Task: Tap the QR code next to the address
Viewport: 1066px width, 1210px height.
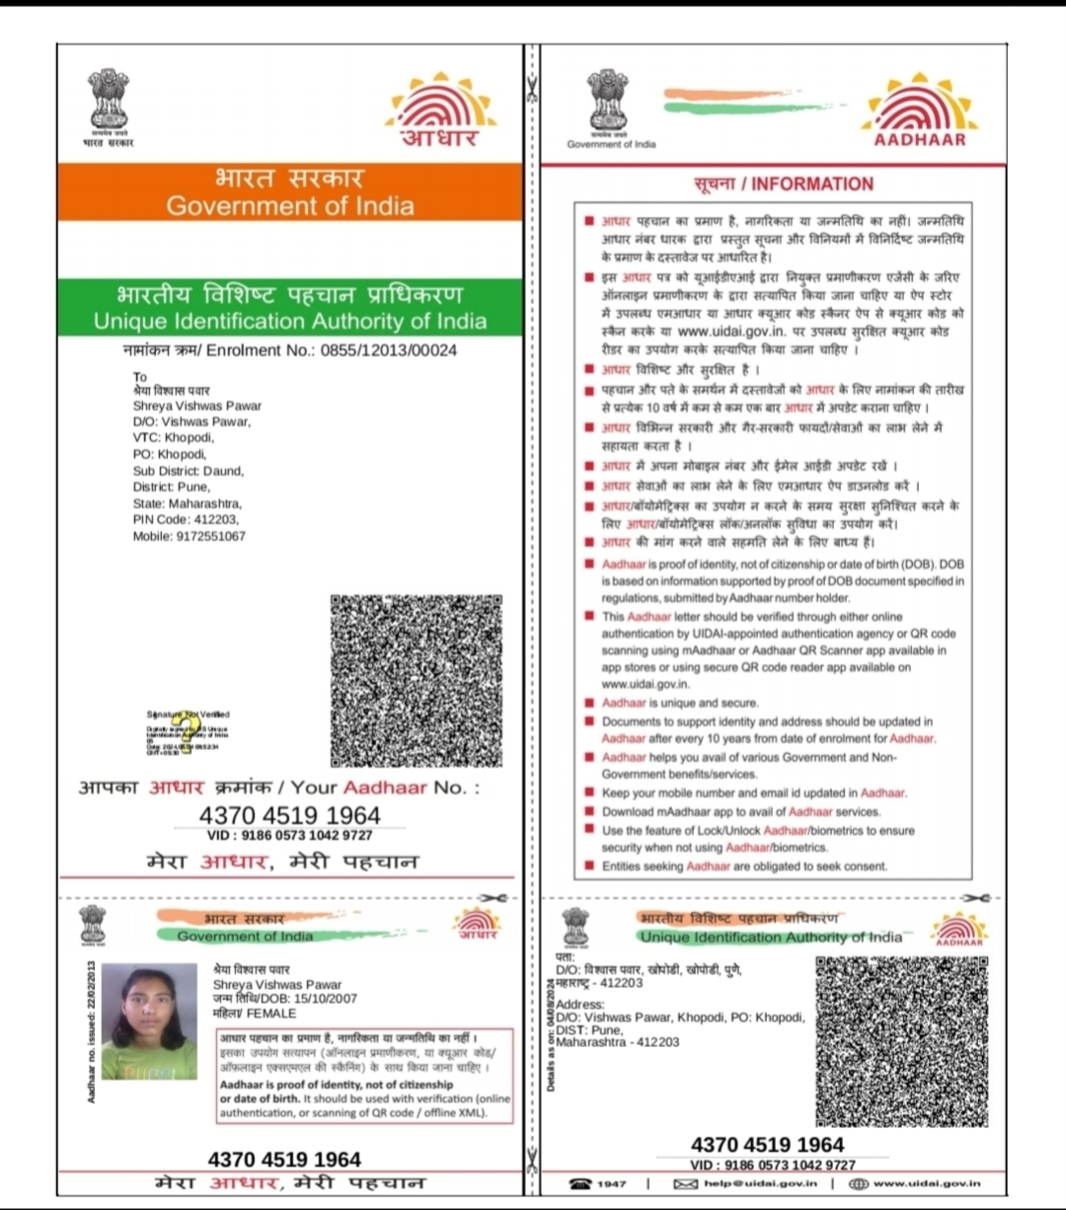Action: click(x=901, y=1041)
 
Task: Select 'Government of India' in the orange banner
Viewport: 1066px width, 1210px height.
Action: click(x=290, y=205)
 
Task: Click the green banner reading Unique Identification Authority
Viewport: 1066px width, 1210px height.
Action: click(x=290, y=308)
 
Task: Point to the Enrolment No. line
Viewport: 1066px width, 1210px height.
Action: click(x=289, y=350)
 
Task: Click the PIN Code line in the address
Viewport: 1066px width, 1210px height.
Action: click(x=187, y=519)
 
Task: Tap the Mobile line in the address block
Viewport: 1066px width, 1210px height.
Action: click(x=190, y=536)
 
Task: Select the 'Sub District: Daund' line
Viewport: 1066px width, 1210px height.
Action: click(x=189, y=471)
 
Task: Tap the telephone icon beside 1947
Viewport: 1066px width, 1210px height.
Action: click(x=580, y=1183)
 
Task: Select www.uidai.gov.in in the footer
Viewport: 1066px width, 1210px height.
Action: click(x=927, y=1183)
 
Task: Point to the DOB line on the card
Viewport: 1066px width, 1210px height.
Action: click(x=285, y=999)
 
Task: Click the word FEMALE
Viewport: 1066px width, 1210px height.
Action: click(x=271, y=1013)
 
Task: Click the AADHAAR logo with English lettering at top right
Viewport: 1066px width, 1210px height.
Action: click(x=921, y=110)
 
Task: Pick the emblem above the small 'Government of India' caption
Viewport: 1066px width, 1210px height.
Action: click(x=609, y=100)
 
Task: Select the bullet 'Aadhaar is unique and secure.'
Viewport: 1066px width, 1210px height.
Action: click(x=680, y=703)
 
